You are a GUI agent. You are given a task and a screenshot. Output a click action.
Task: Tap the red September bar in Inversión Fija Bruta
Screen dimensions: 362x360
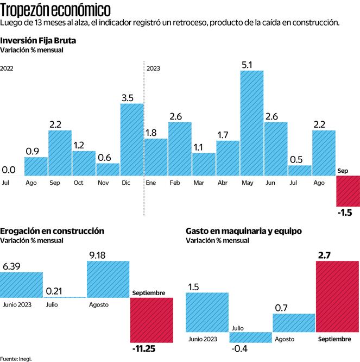tap(348, 191)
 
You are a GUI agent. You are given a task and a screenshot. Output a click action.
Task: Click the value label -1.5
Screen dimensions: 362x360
tap(345, 213)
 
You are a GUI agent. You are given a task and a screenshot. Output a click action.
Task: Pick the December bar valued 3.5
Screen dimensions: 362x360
tap(132, 139)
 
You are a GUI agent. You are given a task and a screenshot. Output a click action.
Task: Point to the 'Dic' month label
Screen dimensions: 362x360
tap(125, 183)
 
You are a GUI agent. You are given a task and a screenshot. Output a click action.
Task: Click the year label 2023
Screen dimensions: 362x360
tap(153, 68)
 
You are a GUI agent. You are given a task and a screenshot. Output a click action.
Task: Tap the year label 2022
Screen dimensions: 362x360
tap(7, 68)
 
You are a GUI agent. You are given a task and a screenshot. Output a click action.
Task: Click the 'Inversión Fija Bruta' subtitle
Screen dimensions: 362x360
tap(39, 40)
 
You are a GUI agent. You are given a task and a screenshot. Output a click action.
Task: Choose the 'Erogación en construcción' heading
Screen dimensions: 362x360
tap(52, 230)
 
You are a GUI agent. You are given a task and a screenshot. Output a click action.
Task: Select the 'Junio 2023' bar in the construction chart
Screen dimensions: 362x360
tap(21, 284)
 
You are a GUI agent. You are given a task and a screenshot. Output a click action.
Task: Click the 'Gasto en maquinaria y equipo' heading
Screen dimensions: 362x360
tap(244, 230)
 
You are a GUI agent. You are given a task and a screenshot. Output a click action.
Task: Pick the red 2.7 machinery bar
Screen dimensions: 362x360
tap(337, 296)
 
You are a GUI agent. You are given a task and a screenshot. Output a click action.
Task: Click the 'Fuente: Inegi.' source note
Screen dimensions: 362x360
tap(16, 358)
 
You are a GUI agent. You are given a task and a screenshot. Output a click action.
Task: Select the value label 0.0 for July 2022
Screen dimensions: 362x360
tap(8, 170)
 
